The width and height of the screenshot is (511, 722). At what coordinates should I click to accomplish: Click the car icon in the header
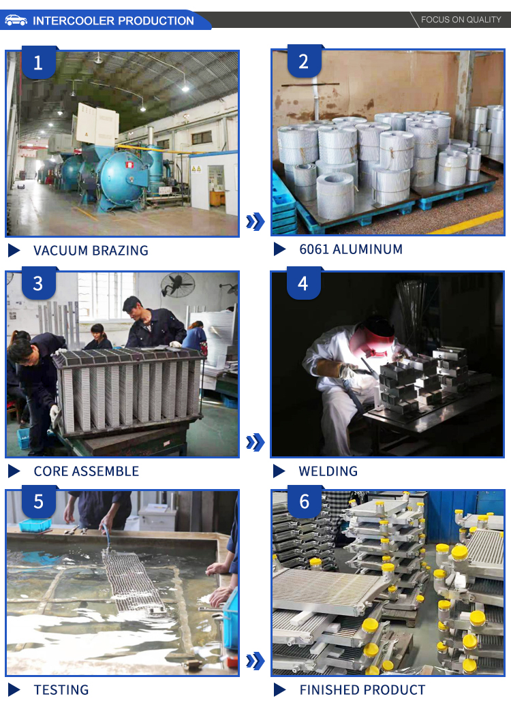coord(16,20)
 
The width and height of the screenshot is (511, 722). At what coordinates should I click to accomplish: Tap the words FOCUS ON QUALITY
coord(461,20)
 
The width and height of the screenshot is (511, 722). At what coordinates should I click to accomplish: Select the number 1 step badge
coord(39,62)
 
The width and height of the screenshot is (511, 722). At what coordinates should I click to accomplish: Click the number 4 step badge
coord(304,283)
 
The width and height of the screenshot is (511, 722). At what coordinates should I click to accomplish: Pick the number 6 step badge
coord(304,501)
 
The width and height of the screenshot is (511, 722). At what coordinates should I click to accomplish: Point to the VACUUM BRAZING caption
coord(91,251)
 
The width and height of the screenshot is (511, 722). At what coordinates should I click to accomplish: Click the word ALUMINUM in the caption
coord(367,249)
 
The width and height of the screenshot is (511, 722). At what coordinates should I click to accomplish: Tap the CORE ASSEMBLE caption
coord(86,471)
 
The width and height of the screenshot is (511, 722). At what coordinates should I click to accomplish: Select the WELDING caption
coord(328,471)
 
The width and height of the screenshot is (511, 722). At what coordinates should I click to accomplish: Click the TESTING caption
coord(61,690)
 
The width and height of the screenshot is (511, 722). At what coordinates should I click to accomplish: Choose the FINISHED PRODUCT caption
coord(362,690)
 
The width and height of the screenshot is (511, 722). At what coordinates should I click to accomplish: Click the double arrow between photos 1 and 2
coord(255,221)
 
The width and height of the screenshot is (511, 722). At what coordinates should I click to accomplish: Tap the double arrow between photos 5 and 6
coord(255,661)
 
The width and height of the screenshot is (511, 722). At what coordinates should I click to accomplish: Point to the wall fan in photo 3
coord(178,283)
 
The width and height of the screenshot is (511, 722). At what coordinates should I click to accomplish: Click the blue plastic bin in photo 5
coord(35,525)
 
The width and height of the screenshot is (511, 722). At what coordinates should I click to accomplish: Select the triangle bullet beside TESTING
coord(14,690)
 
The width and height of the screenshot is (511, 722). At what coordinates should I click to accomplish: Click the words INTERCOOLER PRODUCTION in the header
coord(113,20)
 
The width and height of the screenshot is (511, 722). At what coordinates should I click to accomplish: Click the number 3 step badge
coord(39,283)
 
